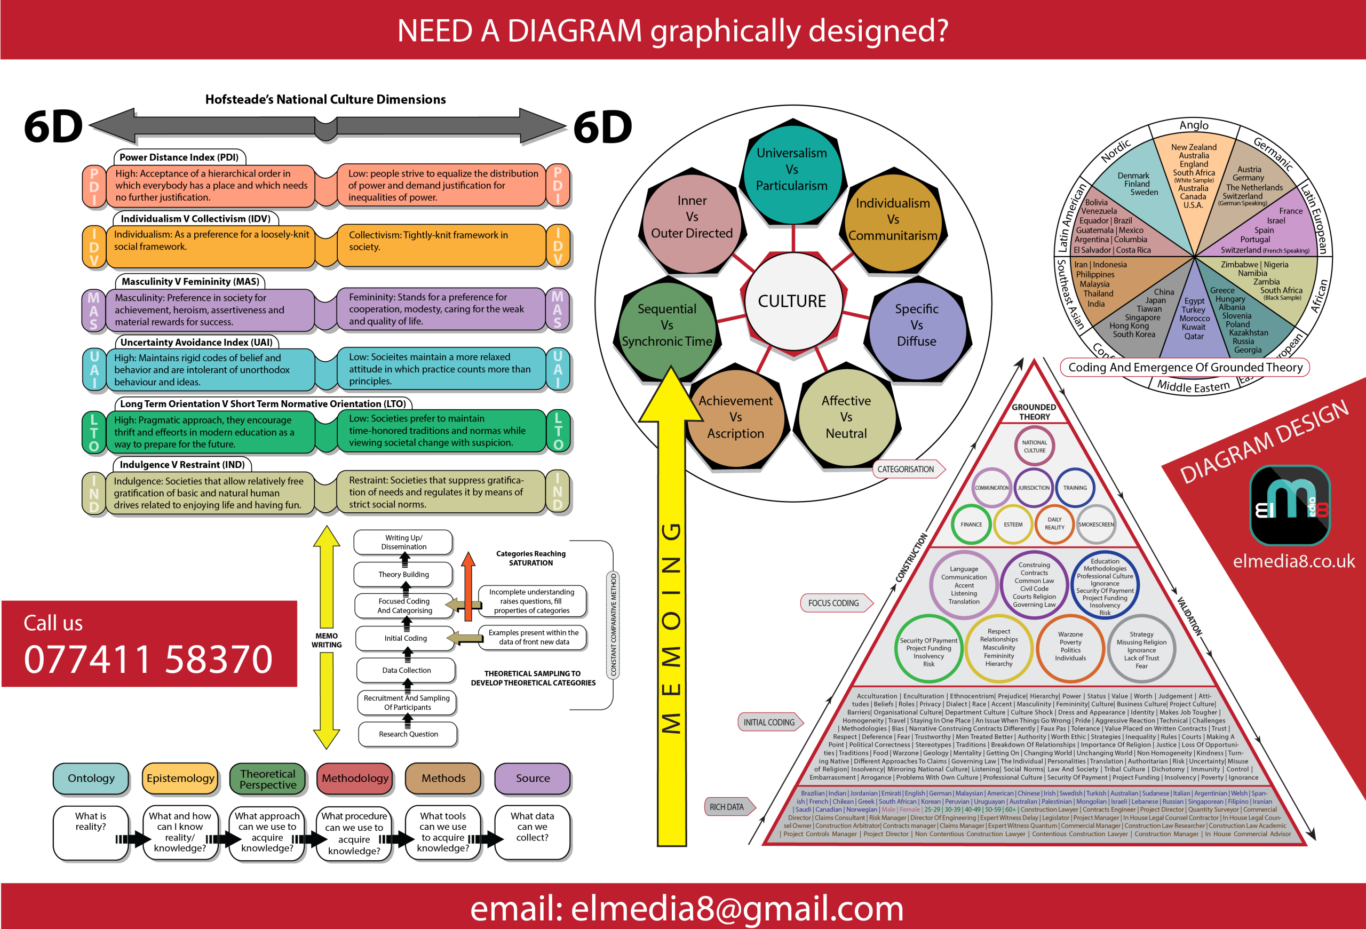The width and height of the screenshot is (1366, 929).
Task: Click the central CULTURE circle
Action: (792, 301)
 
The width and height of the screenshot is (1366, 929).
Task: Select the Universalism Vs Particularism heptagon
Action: (791, 169)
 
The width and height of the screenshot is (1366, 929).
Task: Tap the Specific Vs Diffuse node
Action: (916, 325)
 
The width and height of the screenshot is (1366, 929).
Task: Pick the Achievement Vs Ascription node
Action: (735, 417)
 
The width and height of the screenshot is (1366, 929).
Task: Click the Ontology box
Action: (91, 778)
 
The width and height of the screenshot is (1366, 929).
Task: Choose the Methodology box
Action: (355, 778)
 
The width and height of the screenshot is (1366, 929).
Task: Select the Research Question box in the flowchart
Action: (408, 734)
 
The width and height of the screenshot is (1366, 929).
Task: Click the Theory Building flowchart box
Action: (403, 574)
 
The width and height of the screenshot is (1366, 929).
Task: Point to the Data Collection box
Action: (406, 670)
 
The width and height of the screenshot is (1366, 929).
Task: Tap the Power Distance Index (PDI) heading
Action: (179, 157)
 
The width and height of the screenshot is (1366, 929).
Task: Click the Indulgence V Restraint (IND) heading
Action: (182, 464)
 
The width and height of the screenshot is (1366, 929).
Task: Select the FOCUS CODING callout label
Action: (833, 603)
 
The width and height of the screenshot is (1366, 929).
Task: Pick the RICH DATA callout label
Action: (727, 807)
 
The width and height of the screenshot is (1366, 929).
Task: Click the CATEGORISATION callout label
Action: (906, 469)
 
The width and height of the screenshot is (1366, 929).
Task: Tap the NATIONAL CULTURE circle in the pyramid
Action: (1035, 447)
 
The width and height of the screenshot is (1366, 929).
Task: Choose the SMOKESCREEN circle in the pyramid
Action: (1095, 524)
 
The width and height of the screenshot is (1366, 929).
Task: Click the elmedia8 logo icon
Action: (1290, 505)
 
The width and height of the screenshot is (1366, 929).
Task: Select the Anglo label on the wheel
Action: (1194, 125)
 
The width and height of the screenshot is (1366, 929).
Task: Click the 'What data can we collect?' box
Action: (532, 832)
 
